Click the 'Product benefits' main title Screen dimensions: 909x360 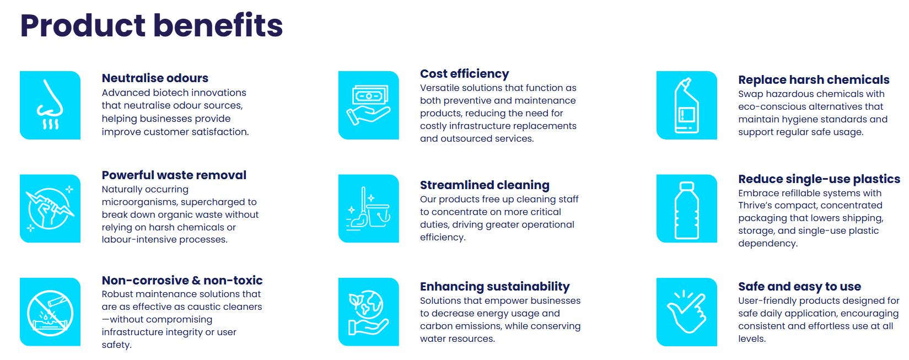coord(152,25)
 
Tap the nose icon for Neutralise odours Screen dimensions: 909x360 coord(50,105)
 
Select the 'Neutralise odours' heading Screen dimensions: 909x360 coord(155,78)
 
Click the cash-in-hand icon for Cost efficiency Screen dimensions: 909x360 coord(368,105)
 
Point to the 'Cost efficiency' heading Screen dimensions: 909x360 coord(464,74)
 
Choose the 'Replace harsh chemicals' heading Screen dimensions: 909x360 coord(814,79)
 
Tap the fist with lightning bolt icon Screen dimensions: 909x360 coord(50,208)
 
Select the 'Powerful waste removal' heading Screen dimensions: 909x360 coord(174,175)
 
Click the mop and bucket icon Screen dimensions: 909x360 coord(368,208)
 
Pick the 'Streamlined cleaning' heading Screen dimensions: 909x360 coord(485,185)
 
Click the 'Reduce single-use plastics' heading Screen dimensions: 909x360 coord(819,179)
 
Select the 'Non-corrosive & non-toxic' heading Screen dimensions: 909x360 coord(182,280)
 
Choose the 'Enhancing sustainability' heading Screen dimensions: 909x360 coord(494,287)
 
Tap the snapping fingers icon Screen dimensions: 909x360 coord(687,311)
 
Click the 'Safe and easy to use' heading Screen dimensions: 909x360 coord(799,287)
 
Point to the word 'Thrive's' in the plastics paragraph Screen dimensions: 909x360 coord(755,206)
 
